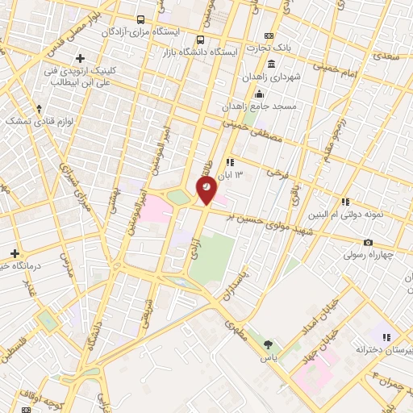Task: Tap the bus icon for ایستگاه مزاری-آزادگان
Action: [x=141, y=19]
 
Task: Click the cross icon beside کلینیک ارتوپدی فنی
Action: [x=80, y=57]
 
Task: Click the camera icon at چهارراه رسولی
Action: [x=368, y=242]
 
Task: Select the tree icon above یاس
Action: [x=268, y=344]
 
